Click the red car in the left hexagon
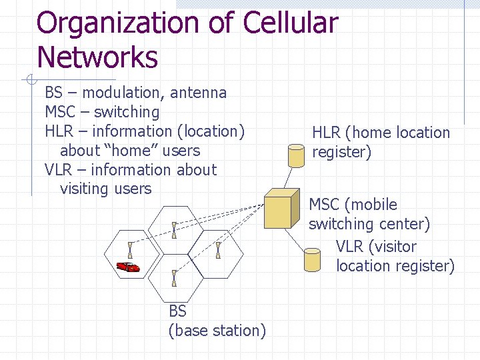tap(128, 267)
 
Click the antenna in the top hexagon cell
tap(174, 230)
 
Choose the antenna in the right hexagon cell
tap(218, 251)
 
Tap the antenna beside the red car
tap(131, 250)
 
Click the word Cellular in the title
tap(290, 24)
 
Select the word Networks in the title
tap(97, 57)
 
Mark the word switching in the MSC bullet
tap(127, 112)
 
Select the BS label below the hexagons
tap(177, 311)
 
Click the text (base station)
tap(217, 331)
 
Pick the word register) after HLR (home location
tap(341, 152)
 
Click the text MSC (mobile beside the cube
tap(353, 205)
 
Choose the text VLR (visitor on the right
tap(376, 247)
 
